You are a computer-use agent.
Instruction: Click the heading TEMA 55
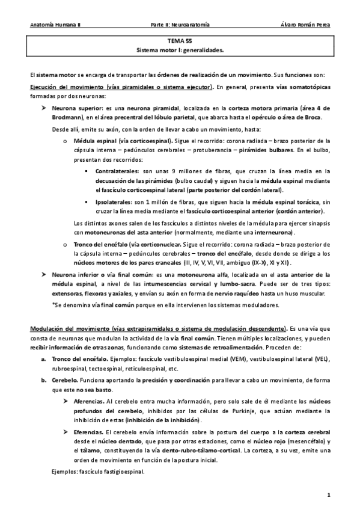pyautogui.click(x=180, y=43)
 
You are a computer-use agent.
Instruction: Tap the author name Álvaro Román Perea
pyautogui.click(x=305, y=25)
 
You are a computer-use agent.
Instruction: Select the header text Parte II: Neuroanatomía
pyautogui.click(x=180, y=25)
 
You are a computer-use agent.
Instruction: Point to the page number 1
pyautogui.click(x=329, y=494)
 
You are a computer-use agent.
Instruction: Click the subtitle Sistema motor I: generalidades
pyautogui.click(x=180, y=51)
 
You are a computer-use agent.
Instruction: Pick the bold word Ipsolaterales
pyautogui.click(x=111, y=203)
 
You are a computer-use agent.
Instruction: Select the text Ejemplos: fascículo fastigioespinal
pyautogui.click(x=98, y=472)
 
